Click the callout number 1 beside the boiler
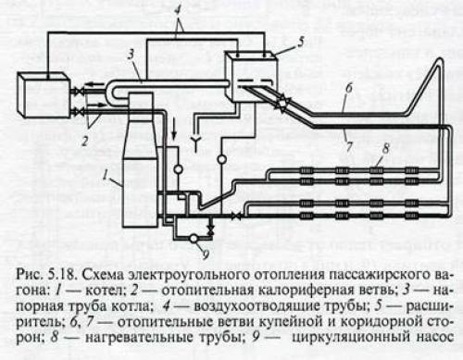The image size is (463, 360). pyautogui.click(x=108, y=172)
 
